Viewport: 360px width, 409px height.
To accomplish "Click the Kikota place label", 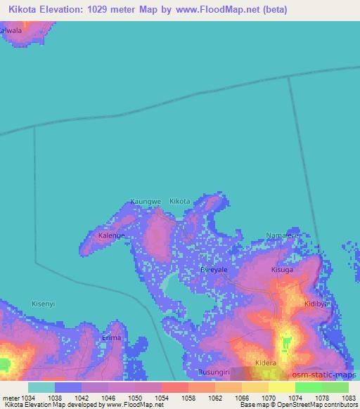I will tap(180, 202).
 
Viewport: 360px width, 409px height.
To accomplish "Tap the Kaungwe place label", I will tap(146, 202).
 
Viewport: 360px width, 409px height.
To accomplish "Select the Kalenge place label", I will tap(111, 235).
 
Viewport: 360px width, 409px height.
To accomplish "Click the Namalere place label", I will tap(283, 235).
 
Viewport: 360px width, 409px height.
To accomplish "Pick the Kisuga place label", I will tap(282, 269).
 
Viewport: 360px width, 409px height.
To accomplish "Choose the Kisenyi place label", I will tap(44, 304).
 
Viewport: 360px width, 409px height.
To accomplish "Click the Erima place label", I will tap(112, 337).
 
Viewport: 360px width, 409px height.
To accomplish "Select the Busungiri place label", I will tap(214, 372).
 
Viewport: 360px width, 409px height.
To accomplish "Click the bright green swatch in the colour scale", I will tap(309, 387).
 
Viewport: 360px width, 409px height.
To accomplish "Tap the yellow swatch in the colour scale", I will tap(281, 387).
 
